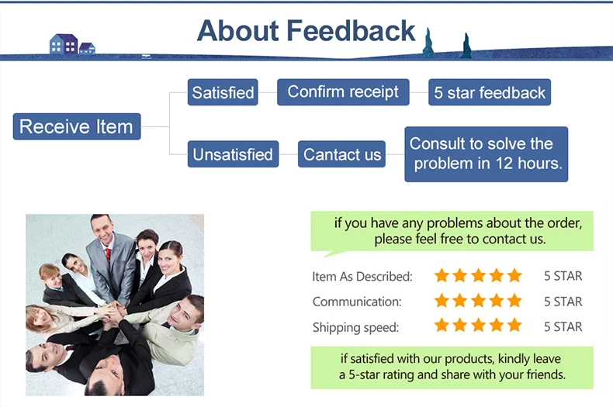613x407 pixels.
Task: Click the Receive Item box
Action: pyautogui.click(x=77, y=126)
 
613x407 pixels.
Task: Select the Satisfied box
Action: pyautogui.click(x=223, y=92)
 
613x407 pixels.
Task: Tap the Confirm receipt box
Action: pyautogui.click(x=343, y=92)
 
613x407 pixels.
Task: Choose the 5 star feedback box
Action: pyautogui.click(x=490, y=92)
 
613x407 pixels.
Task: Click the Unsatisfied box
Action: pyautogui.click(x=233, y=154)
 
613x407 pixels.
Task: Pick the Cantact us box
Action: pyautogui.click(x=341, y=154)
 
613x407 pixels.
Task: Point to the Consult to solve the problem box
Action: pyautogui.click(x=486, y=154)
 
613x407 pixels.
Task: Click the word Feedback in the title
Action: pyautogui.click(x=351, y=31)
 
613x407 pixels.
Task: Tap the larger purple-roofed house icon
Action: pyautogui.click(x=64, y=43)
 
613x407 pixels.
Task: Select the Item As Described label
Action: pyautogui.click(x=362, y=277)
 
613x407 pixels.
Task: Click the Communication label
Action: pyautogui.click(x=357, y=302)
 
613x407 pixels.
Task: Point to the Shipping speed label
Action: pyautogui.click(x=355, y=327)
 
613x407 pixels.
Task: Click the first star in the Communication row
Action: pyautogui.click(x=442, y=301)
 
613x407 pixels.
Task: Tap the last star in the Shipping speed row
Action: pyautogui.click(x=515, y=325)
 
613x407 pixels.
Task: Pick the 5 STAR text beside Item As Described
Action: pyautogui.click(x=563, y=276)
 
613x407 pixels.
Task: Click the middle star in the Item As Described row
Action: pyautogui.click(x=478, y=275)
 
